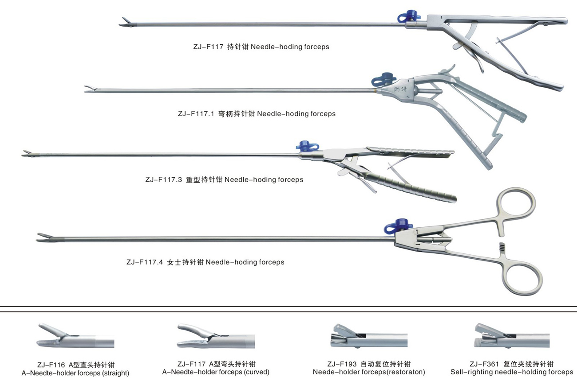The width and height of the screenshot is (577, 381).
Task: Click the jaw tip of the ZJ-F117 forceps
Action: [x=124, y=22]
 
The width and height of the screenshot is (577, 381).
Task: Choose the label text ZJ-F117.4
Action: [x=145, y=262]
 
